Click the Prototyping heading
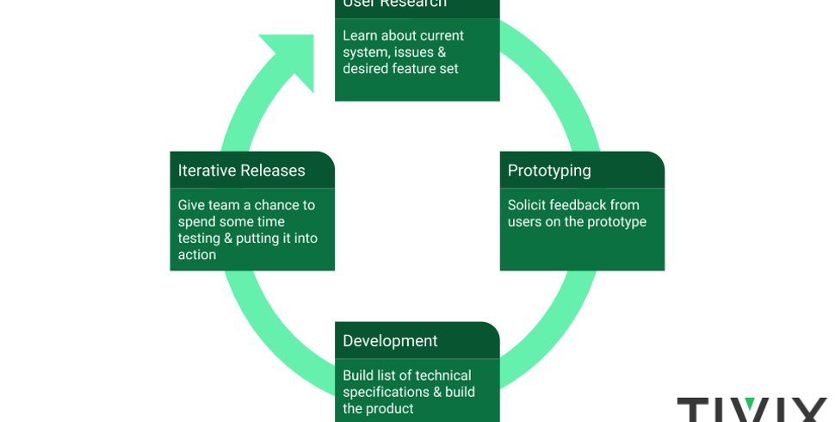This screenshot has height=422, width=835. (x=549, y=171)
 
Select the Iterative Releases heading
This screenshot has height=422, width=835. (x=241, y=171)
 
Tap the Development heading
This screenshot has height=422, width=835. (x=390, y=341)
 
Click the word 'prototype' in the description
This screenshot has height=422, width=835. (x=616, y=222)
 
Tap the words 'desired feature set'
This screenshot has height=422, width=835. (x=400, y=69)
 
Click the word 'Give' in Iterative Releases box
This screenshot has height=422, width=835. (x=194, y=205)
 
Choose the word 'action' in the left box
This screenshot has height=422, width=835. (x=197, y=255)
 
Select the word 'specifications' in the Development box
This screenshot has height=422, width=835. (x=386, y=392)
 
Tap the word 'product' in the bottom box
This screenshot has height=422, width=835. (x=390, y=408)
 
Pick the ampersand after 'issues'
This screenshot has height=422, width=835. (x=442, y=52)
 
